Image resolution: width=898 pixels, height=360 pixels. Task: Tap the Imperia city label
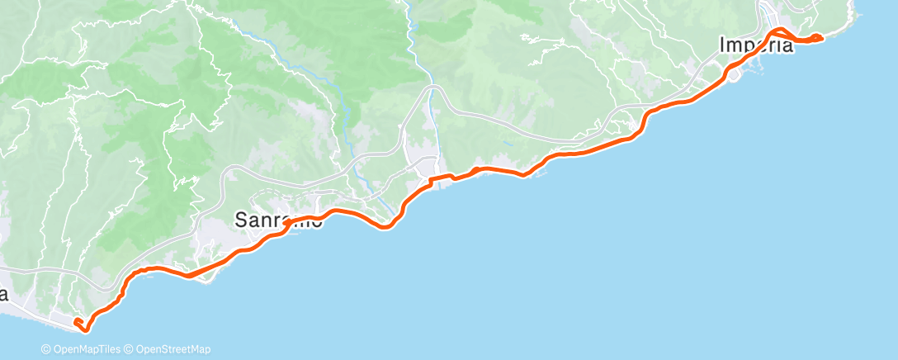coord(756,45)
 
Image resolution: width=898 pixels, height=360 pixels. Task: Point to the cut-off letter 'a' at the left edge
coord(4,294)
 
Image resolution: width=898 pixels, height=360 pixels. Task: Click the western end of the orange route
coord(76,320)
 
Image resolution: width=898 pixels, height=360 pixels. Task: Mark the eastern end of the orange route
coord(819,36)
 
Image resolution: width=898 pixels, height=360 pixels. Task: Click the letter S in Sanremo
coord(242,220)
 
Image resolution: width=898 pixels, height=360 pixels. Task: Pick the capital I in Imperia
coord(723,45)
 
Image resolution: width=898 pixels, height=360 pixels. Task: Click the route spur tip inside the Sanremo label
coord(286,223)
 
